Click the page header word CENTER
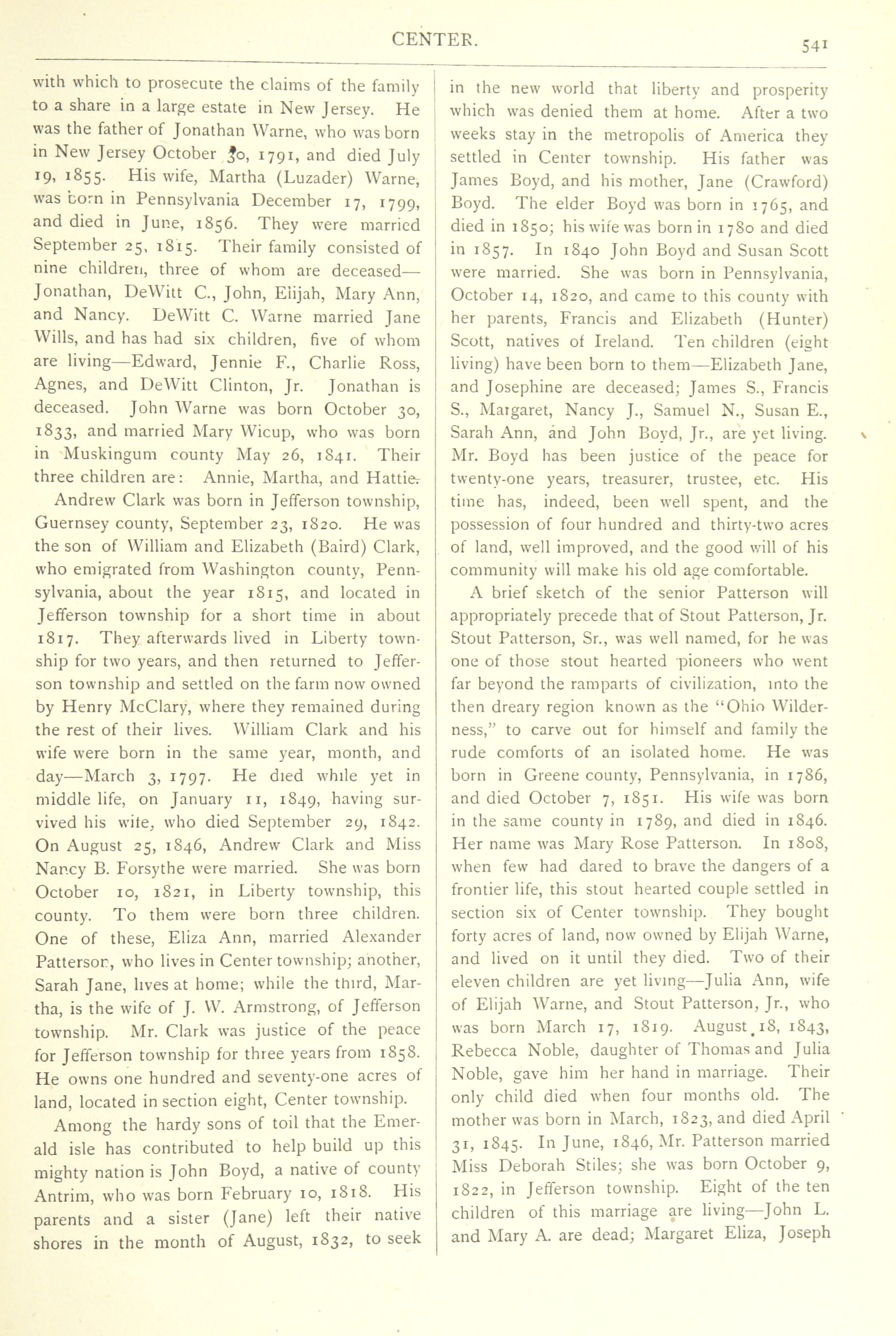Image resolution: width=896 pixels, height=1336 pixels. (x=434, y=39)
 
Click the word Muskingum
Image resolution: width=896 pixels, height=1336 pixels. (x=110, y=455)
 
